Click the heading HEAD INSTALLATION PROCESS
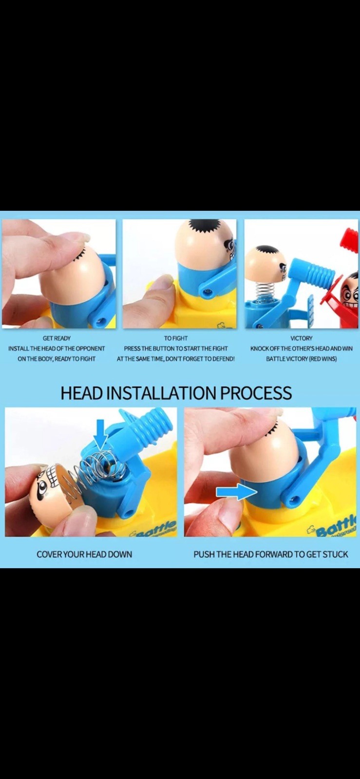pos(176,392)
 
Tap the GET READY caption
pos(57,338)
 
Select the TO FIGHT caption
pos(176,338)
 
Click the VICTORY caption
pos(301,338)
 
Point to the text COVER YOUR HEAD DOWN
pos(85,555)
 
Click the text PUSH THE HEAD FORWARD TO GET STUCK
pos(270,555)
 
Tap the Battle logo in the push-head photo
pos(333,527)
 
